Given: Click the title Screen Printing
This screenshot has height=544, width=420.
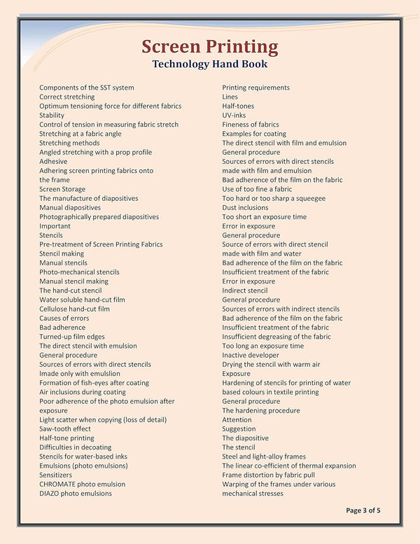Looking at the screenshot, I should (209, 47).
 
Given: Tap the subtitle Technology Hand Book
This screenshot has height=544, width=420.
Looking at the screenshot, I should (209, 64).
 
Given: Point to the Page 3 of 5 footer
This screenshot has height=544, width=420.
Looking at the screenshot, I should (363, 510).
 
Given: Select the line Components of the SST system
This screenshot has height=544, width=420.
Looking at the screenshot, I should (87, 88).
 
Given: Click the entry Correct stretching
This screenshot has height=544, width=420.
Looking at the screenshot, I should (67, 97).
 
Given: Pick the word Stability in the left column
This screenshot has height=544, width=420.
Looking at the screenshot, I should (52, 116).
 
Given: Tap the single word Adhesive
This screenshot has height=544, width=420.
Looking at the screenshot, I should (53, 162).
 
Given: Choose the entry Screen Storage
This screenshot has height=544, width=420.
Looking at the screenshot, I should (62, 189).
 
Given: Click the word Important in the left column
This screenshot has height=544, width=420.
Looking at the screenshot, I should (55, 226).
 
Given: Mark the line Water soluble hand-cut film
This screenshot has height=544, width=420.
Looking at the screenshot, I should (82, 300).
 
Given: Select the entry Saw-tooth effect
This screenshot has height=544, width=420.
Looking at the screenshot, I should (65, 429).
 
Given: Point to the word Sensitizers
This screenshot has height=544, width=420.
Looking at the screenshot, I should (55, 475).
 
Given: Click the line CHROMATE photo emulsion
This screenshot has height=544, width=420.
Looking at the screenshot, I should (83, 484).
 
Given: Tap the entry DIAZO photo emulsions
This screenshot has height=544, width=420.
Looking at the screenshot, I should (76, 494).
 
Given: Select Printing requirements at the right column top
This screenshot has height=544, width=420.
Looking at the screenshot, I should (256, 88).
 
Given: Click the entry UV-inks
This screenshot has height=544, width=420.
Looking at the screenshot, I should (234, 116).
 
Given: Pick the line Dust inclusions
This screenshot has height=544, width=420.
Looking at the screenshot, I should (246, 208).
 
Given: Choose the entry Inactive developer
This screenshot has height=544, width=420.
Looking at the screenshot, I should (251, 356).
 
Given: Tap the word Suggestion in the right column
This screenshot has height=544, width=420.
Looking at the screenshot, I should (239, 429).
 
